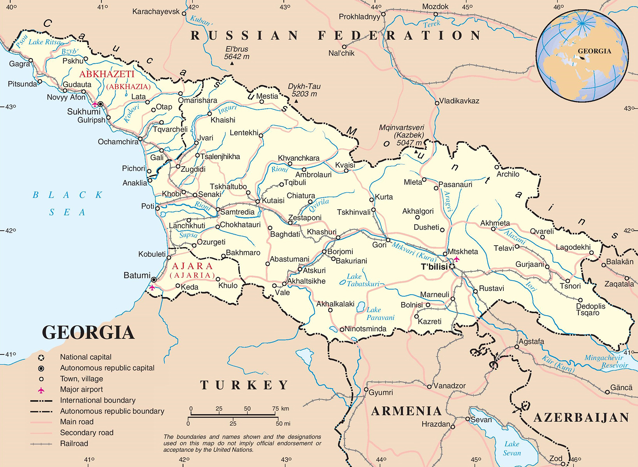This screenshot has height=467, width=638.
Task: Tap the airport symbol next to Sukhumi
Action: [95, 104]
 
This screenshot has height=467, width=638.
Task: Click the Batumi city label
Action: [137, 276]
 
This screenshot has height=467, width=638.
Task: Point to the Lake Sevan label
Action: [511, 448]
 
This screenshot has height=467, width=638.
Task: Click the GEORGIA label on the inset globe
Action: [594, 51]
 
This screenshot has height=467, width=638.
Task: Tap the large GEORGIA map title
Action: [88, 333]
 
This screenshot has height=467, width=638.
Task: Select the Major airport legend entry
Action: [81, 390]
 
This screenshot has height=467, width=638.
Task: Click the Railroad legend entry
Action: [74, 444]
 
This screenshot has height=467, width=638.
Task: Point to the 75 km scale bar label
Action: [280, 409]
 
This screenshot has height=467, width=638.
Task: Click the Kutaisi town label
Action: [273, 201]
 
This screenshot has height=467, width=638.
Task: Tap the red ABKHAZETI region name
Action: [107, 74]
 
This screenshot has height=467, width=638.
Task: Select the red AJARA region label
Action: [192, 266]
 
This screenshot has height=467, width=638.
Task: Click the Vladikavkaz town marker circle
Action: [437, 103]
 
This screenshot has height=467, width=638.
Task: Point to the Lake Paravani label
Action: [380, 314]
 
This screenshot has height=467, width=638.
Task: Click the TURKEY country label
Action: [244, 385]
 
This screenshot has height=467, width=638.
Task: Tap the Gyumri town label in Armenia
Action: [380, 393]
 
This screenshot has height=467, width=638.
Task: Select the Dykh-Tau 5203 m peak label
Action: [304, 90]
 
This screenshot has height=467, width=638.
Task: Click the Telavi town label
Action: [504, 248]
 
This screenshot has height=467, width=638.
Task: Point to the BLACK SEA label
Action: [67, 203]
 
